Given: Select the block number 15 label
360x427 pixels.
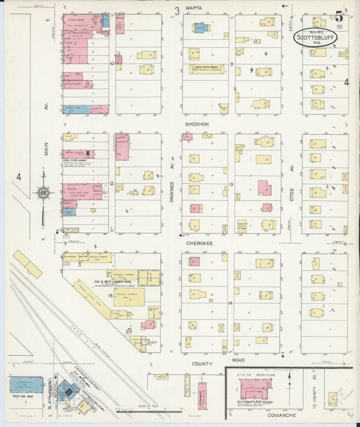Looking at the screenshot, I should pyautogui.click(x=109, y=295).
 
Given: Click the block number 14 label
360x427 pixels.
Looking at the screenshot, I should pyautogui.click(x=230, y=303).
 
